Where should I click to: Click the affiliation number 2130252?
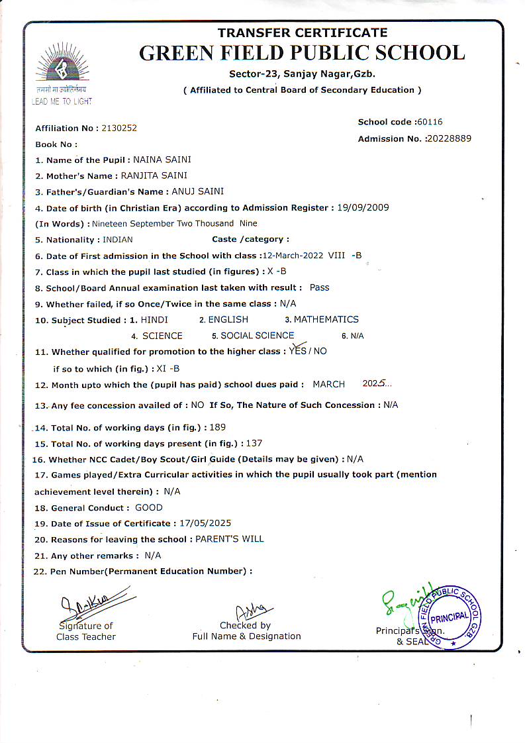(x=119, y=128)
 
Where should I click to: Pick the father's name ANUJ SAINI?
(x=198, y=191)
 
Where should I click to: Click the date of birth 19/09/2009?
(x=363, y=207)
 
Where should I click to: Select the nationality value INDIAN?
(x=118, y=240)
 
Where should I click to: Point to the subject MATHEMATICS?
(x=326, y=319)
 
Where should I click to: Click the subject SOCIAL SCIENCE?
(x=258, y=335)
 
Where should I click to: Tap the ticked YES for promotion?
(x=298, y=350)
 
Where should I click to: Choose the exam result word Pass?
(x=319, y=287)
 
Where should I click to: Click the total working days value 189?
(x=217, y=427)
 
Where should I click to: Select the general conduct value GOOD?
(x=148, y=507)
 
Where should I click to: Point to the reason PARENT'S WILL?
(x=229, y=539)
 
